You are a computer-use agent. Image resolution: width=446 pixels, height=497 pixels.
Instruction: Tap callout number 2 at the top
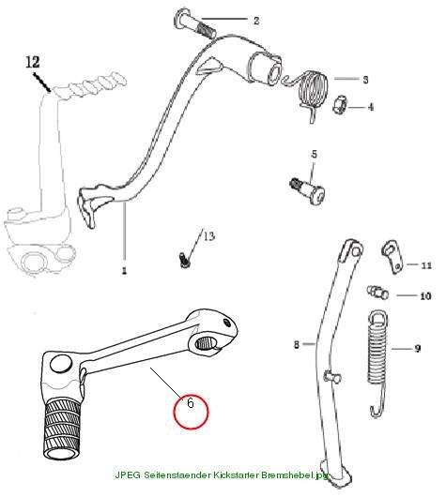(x=256, y=21)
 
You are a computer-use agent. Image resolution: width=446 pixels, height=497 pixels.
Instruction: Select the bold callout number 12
(x=33, y=62)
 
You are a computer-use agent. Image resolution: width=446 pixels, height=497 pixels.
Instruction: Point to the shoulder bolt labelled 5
(x=308, y=189)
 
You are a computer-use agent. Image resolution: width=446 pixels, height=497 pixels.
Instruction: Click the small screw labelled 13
(x=183, y=260)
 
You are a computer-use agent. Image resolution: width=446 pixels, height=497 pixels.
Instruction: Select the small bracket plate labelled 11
(x=393, y=257)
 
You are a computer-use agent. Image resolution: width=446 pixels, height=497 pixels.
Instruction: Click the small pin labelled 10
(x=377, y=292)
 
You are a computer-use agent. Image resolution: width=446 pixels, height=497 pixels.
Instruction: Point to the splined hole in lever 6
(x=205, y=344)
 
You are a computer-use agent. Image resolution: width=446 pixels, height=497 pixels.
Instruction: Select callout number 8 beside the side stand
(x=297, y=344)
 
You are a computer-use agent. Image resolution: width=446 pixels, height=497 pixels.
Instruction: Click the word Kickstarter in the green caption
(x=236, y=475)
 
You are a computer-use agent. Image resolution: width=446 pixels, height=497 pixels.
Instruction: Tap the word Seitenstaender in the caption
(x=177, y=475)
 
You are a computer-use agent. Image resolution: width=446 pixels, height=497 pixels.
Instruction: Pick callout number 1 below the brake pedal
(x=124, y=270)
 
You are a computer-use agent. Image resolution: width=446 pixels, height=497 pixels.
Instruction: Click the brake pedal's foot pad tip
(x=87, y=206)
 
